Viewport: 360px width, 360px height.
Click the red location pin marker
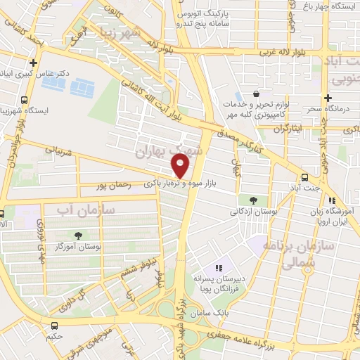tap(181, 166)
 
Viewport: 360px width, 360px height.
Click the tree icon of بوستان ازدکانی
tap(253, 200)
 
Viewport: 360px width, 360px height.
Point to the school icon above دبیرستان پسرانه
tap(219, 267)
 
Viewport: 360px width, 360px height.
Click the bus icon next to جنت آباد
tap(304, 177)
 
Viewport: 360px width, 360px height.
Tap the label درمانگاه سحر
tap(328, 110)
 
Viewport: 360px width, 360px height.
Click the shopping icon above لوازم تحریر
tap(257, 94)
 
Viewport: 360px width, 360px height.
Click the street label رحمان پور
tap(116, 186)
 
